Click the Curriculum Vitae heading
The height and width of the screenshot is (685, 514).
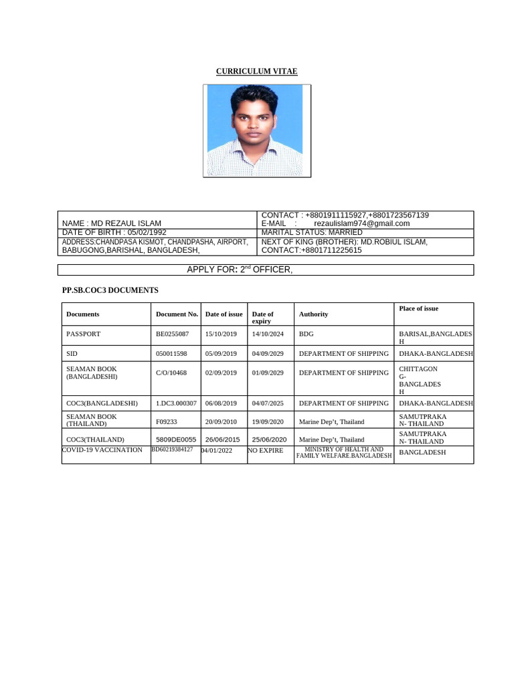[256, 71]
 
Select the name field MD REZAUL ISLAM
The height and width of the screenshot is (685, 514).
[111, 223]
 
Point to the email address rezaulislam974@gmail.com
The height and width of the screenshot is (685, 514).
[361, 223]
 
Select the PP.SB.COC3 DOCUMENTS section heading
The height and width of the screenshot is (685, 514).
[110, 290]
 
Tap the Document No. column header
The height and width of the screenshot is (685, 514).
[177, 314]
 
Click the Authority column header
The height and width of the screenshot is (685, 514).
[313, 314]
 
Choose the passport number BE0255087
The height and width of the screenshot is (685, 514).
[173, 333]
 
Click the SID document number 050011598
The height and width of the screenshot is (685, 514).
[171, 353]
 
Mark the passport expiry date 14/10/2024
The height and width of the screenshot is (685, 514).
[268, 333]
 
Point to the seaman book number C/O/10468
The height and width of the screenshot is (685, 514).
[171, 373]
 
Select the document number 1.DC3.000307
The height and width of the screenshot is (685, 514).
[176, 403]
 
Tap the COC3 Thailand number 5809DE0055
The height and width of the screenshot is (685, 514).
[176, 439]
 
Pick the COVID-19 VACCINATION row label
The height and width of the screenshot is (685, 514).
[102, 450]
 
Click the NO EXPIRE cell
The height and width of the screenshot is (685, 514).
[266, 450]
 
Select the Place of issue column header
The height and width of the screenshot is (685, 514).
[418, 308]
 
